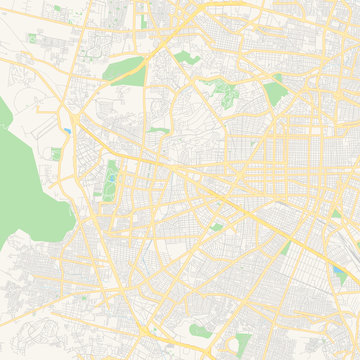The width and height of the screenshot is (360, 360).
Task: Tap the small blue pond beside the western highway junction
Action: (x=66, y=131)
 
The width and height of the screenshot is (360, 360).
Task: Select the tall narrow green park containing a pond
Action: (x=110, y=179)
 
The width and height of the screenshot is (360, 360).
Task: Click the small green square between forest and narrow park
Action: (x=56, y=153)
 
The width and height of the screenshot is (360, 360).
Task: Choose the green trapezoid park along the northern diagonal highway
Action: (x=125, y=69)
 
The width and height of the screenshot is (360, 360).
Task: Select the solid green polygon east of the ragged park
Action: (x=275, y=95)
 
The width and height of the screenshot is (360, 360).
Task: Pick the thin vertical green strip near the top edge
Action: (x=144, y=19)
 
